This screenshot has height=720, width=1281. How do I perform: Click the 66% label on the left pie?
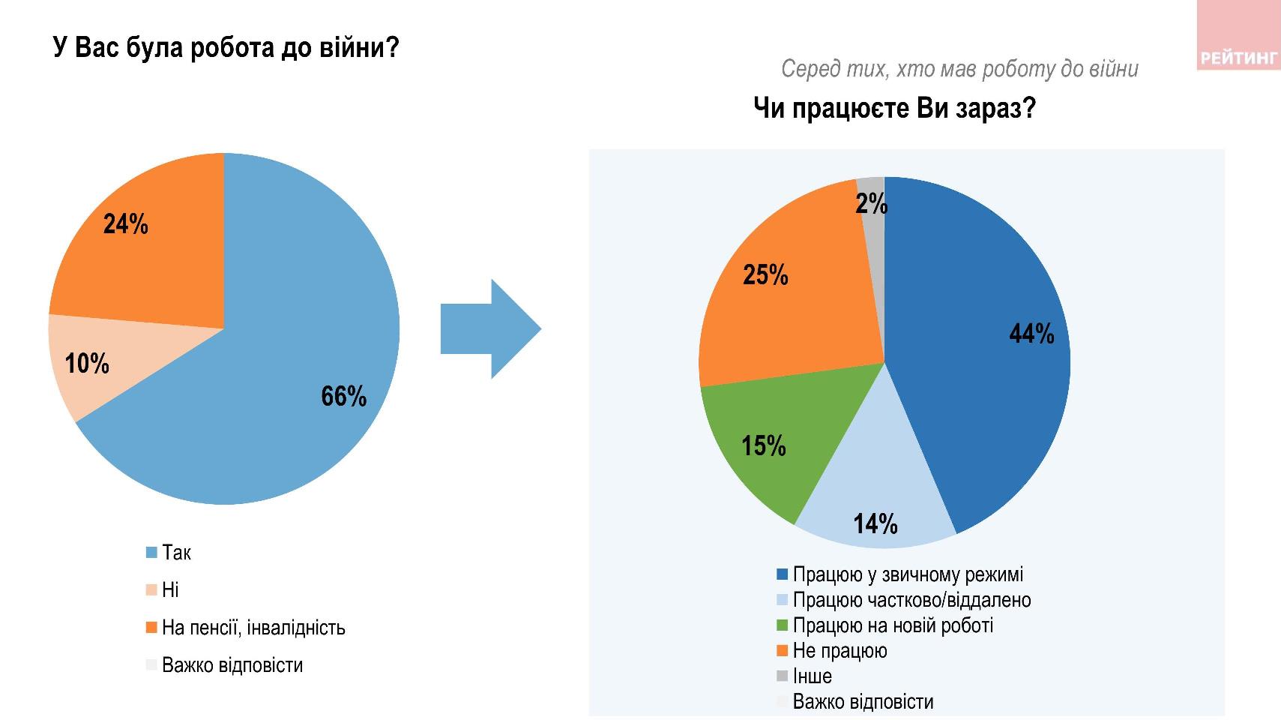[344, 396]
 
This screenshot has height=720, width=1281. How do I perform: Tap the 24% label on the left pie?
[126, 224]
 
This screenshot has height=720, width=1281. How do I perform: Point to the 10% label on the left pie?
[87, 364]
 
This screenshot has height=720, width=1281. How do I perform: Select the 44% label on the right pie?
[1032, 334]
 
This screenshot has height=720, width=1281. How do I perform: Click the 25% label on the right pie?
[765, 275]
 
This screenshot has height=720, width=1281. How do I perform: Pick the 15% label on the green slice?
[764, 446]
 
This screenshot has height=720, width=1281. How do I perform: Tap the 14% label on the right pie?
[875, 523]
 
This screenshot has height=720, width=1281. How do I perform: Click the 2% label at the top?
[872, 203]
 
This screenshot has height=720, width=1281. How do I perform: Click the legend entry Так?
[176, 553]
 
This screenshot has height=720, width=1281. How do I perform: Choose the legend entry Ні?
[170, 590]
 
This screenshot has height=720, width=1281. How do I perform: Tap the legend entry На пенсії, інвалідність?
[253, 628]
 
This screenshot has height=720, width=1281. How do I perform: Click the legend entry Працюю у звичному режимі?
[907, 574]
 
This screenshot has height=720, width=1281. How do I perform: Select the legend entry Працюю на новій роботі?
[893, 625]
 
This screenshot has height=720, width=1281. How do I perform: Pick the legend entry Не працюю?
[840, 651]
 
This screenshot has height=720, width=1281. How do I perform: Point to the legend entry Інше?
[812, 676]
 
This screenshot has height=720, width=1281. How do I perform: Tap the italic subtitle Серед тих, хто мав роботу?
[959, 69]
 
